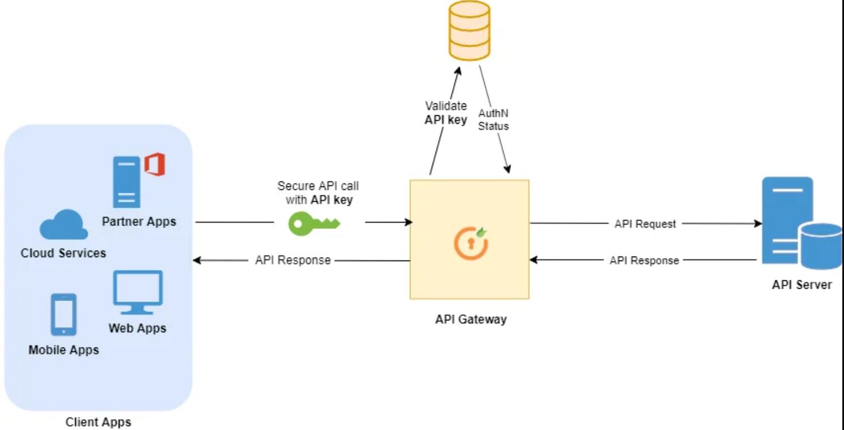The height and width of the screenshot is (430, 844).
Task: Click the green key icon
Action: (314, 223)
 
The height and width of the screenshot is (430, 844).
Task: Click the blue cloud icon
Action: (63, 225)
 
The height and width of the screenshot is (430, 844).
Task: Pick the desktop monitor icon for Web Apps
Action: (137, 292)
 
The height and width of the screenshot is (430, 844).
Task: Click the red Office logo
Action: (154, 165)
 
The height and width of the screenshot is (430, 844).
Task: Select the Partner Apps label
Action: (139, 221)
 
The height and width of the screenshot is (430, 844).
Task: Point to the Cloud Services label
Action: (63, 253)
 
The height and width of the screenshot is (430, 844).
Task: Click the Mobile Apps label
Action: (63, 350)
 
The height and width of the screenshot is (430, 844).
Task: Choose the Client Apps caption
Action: (98, 422)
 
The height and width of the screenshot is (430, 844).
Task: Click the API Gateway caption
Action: (471, 319)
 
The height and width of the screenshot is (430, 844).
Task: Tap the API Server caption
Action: (802, 284)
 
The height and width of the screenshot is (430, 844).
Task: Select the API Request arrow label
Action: (645, 224)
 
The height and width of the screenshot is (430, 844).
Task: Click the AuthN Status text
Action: (493, 120)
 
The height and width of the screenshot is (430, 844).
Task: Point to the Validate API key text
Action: (446, 112)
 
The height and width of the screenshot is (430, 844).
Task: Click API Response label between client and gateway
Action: (292, 260)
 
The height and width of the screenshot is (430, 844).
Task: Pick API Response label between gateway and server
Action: (644, 260)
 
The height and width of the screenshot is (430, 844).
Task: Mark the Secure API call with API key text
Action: (317, 193)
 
